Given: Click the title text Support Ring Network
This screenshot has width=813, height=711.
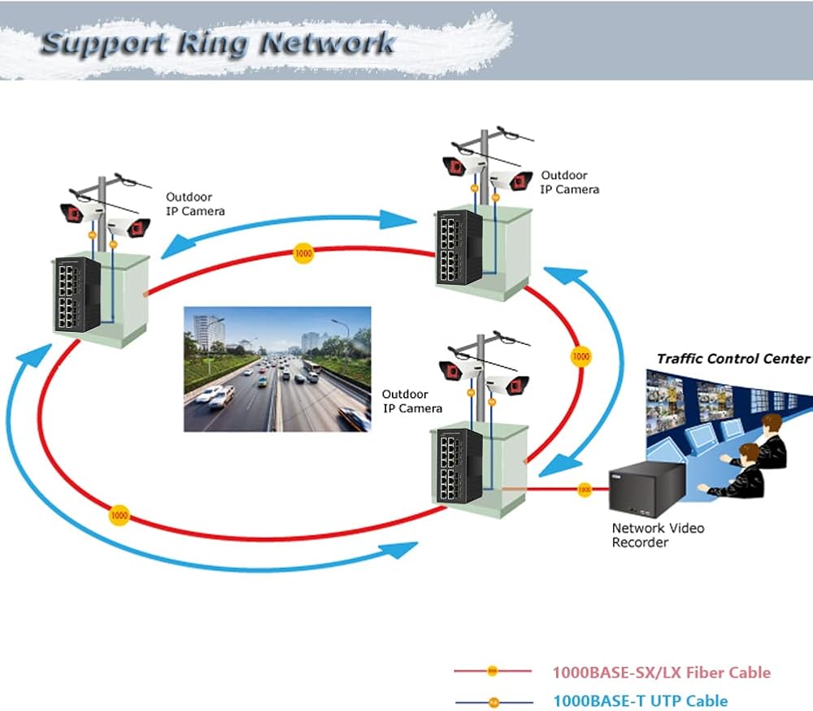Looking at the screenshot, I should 218,41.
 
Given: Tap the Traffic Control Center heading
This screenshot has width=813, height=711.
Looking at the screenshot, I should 733,359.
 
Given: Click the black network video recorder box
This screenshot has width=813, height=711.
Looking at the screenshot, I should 645,488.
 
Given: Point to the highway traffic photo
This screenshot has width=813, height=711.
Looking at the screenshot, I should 276,369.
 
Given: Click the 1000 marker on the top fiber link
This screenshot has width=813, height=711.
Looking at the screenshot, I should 303,254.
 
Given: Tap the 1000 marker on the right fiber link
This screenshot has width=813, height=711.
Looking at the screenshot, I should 580,356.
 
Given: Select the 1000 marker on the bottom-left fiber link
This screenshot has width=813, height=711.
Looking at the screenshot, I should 120,515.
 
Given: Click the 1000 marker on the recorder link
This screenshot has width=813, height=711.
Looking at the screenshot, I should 584,490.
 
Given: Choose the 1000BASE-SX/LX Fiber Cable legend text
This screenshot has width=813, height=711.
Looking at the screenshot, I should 661,673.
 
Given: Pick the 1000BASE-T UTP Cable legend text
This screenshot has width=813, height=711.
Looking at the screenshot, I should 640,700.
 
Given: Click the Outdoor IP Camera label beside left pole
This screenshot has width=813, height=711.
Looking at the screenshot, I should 195,203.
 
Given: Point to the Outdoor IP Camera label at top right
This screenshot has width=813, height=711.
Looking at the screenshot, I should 570,182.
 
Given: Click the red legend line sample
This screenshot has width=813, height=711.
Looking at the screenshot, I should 493,672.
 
